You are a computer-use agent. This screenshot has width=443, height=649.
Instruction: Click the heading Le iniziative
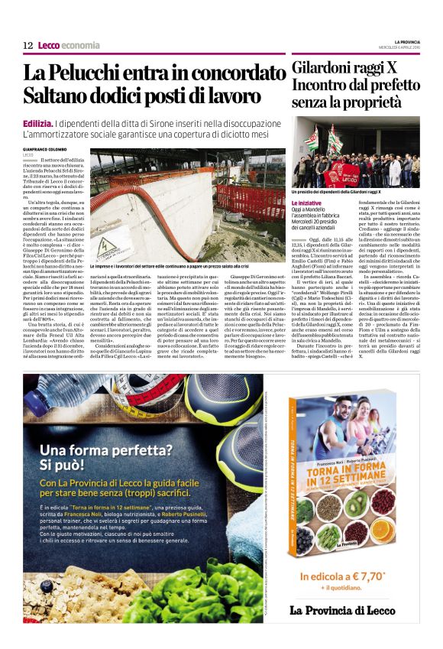tap(306, 202)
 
